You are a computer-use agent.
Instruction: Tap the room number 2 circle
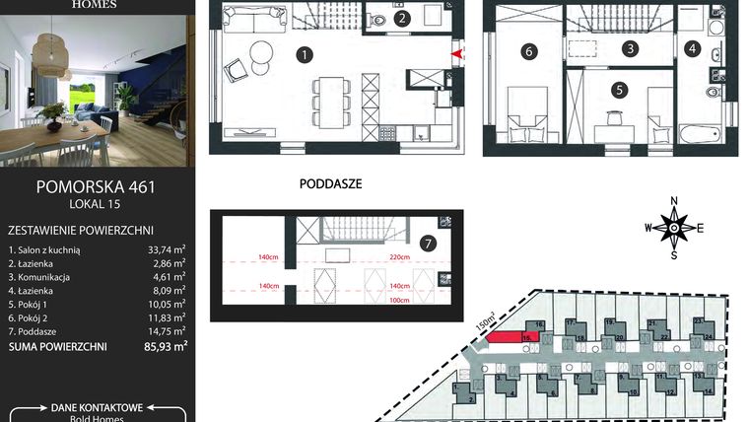tap(401, 19)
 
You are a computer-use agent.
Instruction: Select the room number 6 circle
tap(528, 51)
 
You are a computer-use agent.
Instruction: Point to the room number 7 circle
tap(427, 244)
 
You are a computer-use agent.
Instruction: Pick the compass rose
tap(674, 227)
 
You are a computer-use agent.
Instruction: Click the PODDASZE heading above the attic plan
tap(329, 183)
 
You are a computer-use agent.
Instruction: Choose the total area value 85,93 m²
tap(166, 347)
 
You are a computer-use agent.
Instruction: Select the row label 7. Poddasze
tap(38, 333)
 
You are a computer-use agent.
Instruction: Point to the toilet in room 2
tap(379, 19)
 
